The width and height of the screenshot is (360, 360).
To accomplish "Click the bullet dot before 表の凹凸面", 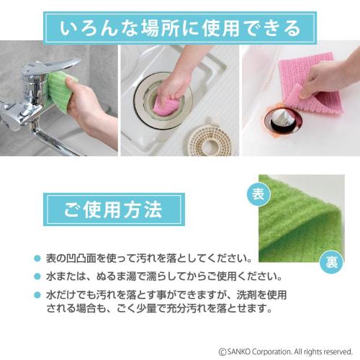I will tap(37, 258).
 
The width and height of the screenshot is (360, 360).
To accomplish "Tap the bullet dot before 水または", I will tap(37, 276).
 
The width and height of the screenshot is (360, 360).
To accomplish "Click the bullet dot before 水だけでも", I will tap(37, 295).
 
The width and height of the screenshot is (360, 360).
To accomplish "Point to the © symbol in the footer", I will tap(222, 350).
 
